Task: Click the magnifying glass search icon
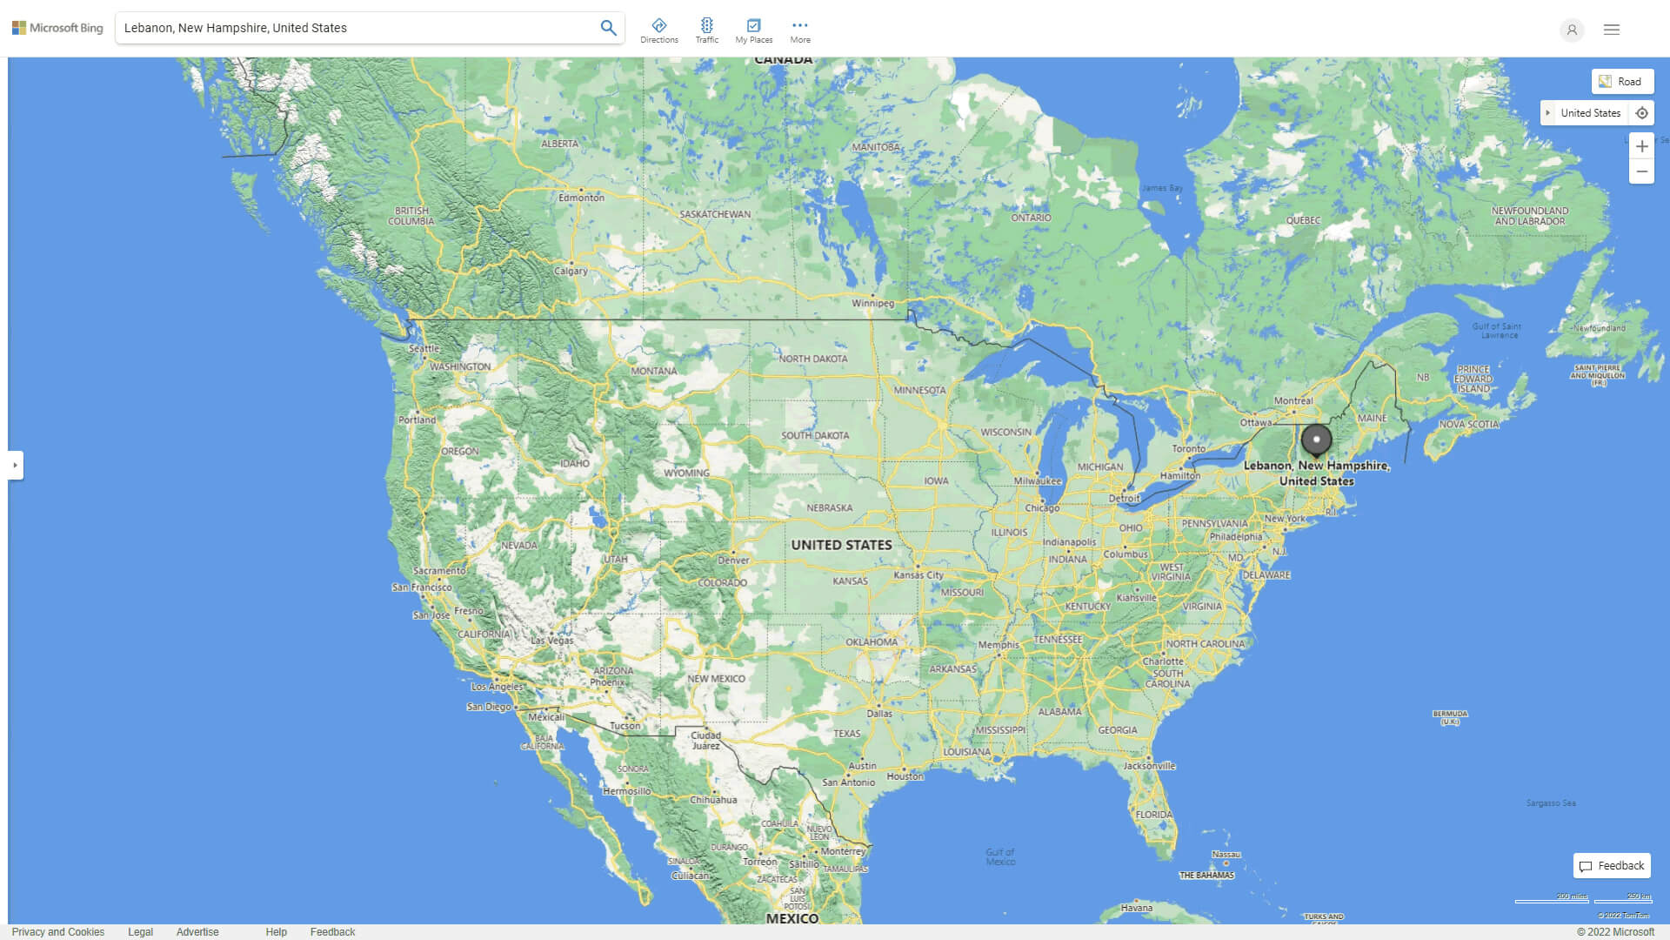click(608, 28)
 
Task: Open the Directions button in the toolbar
click(658, 30)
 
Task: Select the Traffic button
click(706, 30)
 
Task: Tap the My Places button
click(753, 30)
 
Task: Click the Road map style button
click(1622, 82)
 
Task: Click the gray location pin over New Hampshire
click(1316, 440)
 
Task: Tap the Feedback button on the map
click(1612, 865)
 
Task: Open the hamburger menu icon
click(1611, 30)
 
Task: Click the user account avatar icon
click(1571, 30)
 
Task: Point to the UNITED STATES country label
click(841, 545)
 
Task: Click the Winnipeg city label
click(872, 304)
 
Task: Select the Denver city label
click(733, 560)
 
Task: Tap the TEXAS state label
click(846, 733)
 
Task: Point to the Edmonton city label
click(581, 198)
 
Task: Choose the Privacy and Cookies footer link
click(57, 931)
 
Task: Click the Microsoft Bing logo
click(57, 28)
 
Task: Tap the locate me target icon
click(1641, 113)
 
